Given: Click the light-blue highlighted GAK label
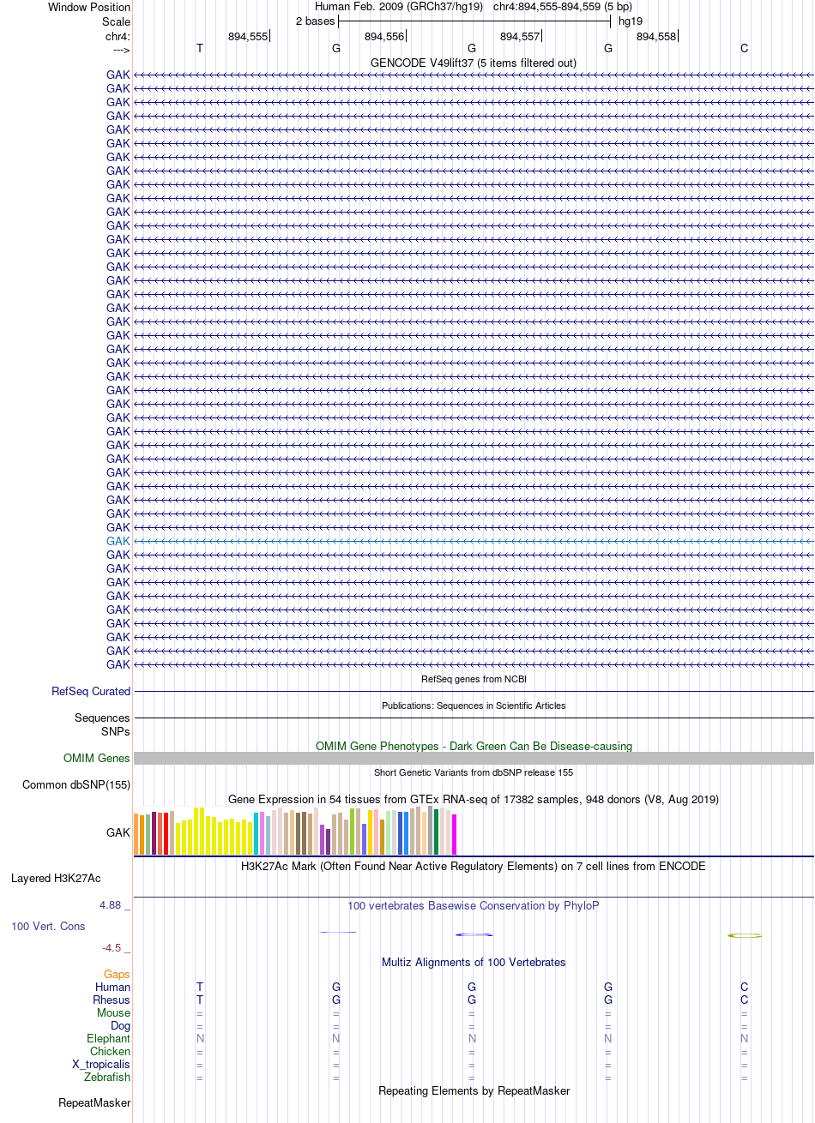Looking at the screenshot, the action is (x=118, y=541).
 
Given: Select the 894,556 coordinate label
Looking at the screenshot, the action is (x=384, y=37).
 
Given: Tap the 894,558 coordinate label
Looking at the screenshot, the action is (x=656, y=37).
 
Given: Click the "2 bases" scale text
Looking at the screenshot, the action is (x=315, y=21).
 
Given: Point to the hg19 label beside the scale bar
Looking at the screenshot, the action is (x=631, y=21).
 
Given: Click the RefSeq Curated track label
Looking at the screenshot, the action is (x=91, y=691).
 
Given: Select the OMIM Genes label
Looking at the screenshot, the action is (x=96, y=758).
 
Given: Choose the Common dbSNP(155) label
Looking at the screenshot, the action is (x=76, y=784).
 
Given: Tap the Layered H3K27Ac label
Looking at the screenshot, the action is (x=56, y=879).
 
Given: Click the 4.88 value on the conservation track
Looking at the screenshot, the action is (x=111, y=905).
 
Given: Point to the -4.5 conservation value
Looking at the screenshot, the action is (x=112, y=947).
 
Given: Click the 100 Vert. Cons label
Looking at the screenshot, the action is (x=48, y=926).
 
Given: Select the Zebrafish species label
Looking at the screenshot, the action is (x=107, y=1077).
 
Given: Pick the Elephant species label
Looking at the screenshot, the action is (x=108, y=1038).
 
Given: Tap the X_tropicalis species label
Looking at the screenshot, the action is (x=101, y=1064).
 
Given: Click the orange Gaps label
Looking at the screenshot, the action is (x=117, y=974).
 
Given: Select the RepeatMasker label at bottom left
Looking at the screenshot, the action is (x=94, y=1103).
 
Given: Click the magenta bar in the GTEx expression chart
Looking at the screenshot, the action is (x=454, y=834).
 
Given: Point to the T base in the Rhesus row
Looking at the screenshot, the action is (x=200, y=1000).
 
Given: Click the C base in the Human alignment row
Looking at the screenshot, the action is (x=745, y=987).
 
